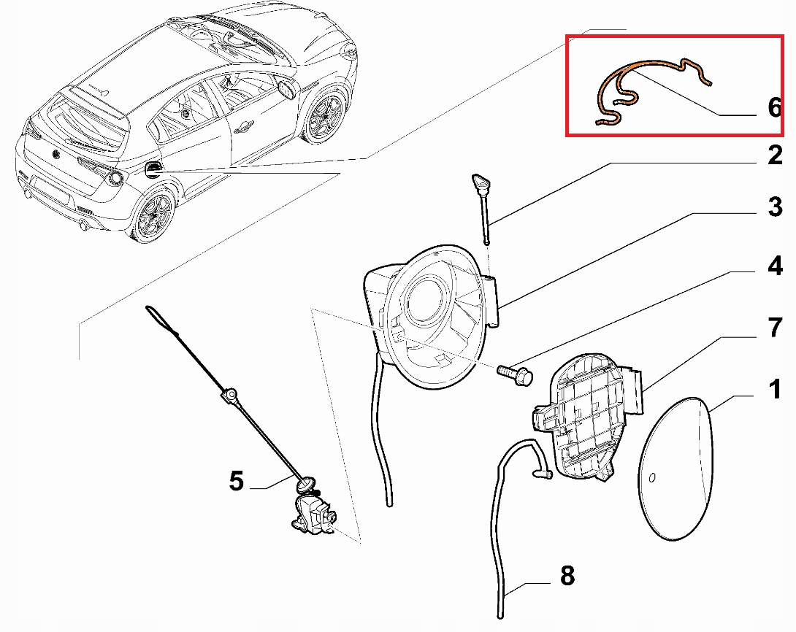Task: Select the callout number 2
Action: [775, 155]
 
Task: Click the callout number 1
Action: [775, 390]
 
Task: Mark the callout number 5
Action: [235, 481]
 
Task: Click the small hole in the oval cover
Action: [654, 479]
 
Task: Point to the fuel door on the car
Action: [153, 170]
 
